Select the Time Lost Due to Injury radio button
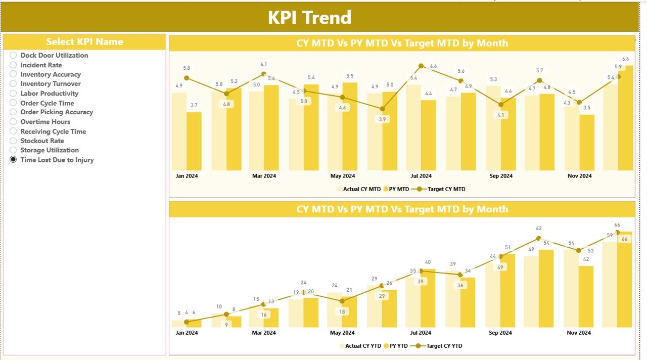(13, 160)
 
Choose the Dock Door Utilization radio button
(13, 55)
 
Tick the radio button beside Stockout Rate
(13, 141)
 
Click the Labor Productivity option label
(49, 94)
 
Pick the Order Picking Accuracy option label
(57, 112)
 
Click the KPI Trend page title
(309, 18)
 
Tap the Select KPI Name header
(84, 42)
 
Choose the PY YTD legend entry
(398, 346)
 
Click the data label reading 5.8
(187, 68)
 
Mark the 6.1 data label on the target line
(264, 64)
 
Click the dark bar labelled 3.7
(194, 141)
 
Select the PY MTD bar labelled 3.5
(587, 142)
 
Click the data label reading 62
(539, 229)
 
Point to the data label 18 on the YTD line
(342, 312)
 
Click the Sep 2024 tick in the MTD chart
(500, 176)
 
